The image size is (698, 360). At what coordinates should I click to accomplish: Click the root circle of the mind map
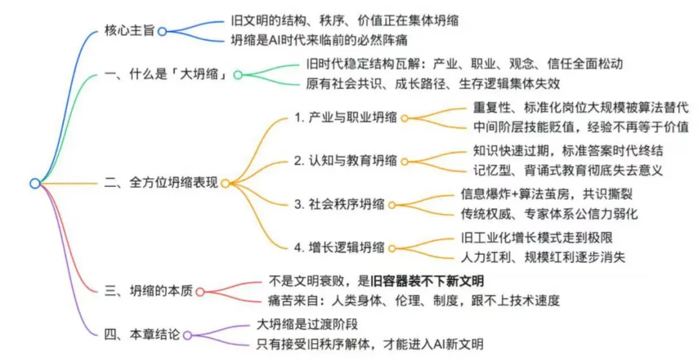(35, 184)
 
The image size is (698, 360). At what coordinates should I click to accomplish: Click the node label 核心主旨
(129, 30)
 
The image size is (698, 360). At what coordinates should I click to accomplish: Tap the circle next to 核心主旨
(162, 30)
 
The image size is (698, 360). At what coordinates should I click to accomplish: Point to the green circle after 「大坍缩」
(237, 74)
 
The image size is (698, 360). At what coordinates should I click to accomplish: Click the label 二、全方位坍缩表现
(161, 184)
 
